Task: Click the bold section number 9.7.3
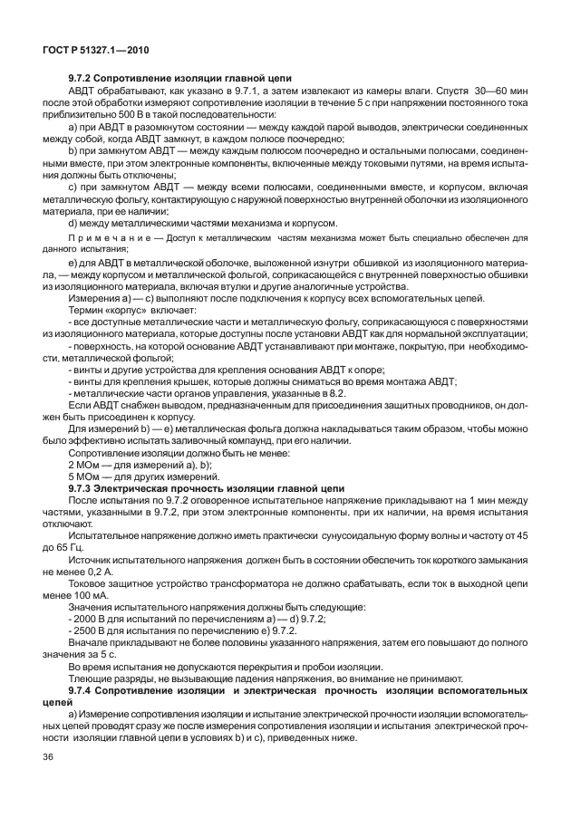tap(83, 486)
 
